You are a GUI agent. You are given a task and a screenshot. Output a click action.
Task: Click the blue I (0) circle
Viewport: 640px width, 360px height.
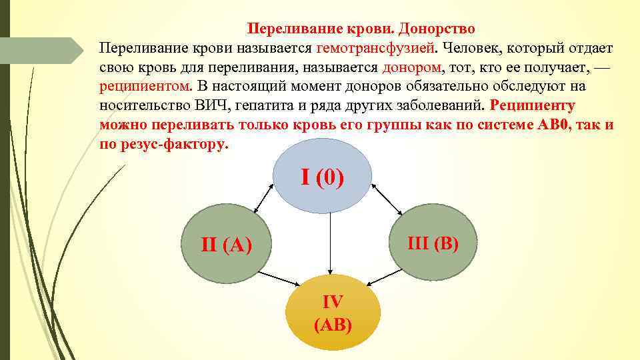[x=322, y=178]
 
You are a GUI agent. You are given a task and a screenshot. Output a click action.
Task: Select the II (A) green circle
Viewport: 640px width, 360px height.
[x=227, y=245]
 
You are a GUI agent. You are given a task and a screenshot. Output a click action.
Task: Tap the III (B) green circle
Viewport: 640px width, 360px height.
[x=433, y=243]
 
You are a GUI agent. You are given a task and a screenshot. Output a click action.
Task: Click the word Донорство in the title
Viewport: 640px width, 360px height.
[x=437, y=29]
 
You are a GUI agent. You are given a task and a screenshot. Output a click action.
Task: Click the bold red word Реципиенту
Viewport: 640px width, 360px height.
[x=532, y=105]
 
